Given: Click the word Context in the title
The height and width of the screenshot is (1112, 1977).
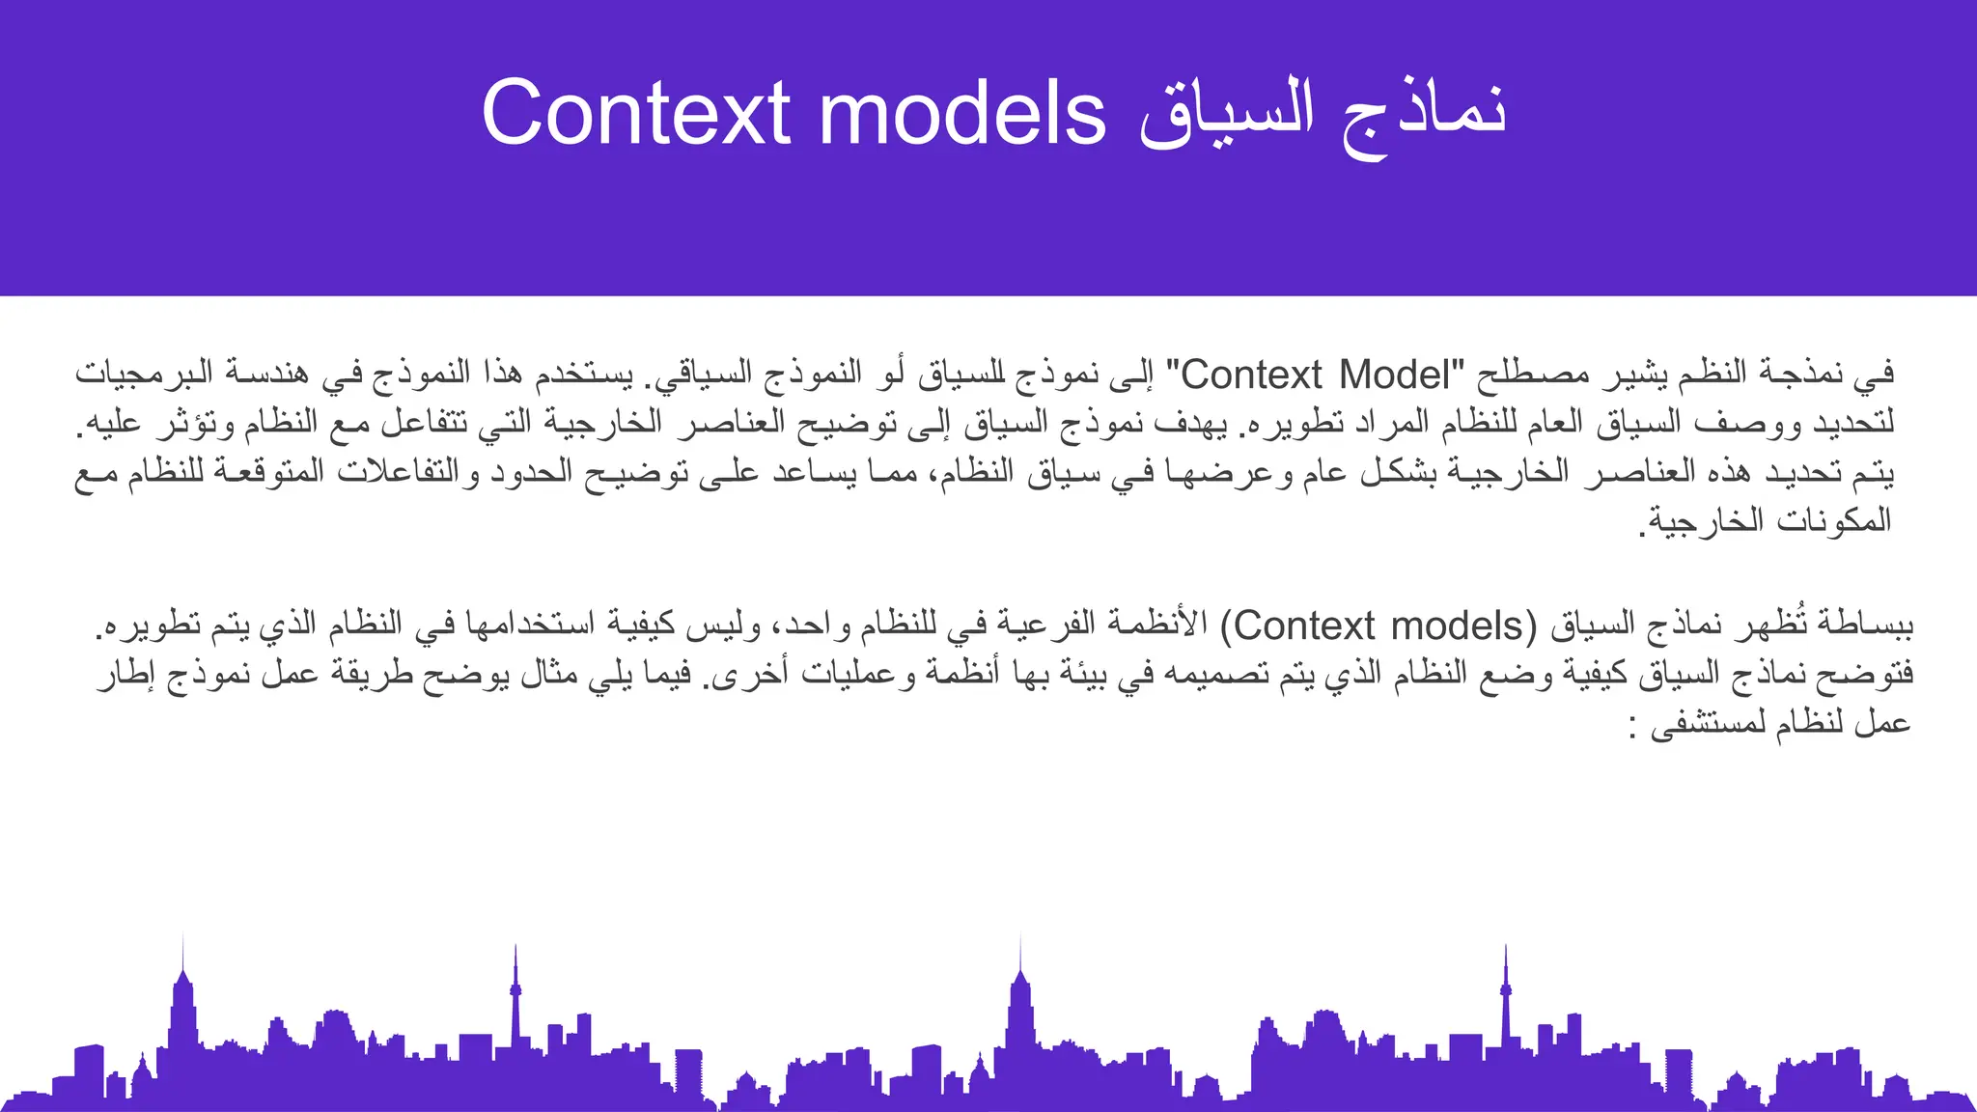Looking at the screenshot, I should click(636, 113).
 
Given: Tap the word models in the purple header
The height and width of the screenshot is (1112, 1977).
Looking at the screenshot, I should click(962, 113).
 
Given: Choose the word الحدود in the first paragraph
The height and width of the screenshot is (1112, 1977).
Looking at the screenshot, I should click(535, 472).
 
